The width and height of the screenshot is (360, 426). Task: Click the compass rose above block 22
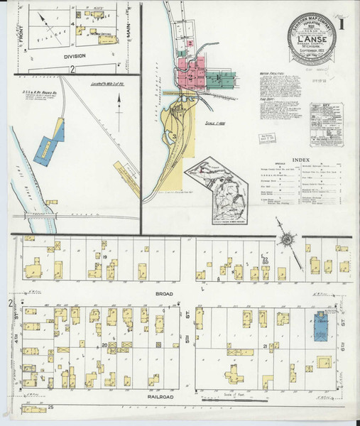click(x=288, y=240)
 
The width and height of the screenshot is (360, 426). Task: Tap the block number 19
click(x=104, y=256)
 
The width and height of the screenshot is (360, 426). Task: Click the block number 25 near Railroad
click(x=51, y=408)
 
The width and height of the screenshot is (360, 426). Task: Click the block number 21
click(x=266, y=346)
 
